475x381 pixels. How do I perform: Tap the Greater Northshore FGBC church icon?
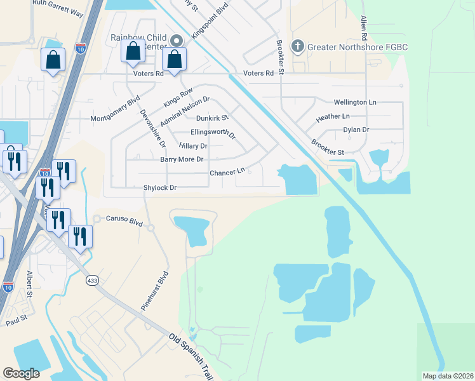[x=297, y=46]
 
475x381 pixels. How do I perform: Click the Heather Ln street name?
[x=333, y=117]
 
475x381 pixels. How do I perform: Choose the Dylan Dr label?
[x=356, y=130]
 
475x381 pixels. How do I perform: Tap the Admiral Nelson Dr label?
[x=185, y=110]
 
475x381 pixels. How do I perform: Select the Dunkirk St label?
[x=211, y=117]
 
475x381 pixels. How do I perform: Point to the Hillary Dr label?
[x=194, y=146]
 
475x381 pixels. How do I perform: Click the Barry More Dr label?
[x=182, y=159]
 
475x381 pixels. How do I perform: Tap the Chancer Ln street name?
[x=227, y=172]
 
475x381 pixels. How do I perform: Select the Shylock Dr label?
[x=159, y=187]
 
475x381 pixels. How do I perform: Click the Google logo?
[x=22, y=373]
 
